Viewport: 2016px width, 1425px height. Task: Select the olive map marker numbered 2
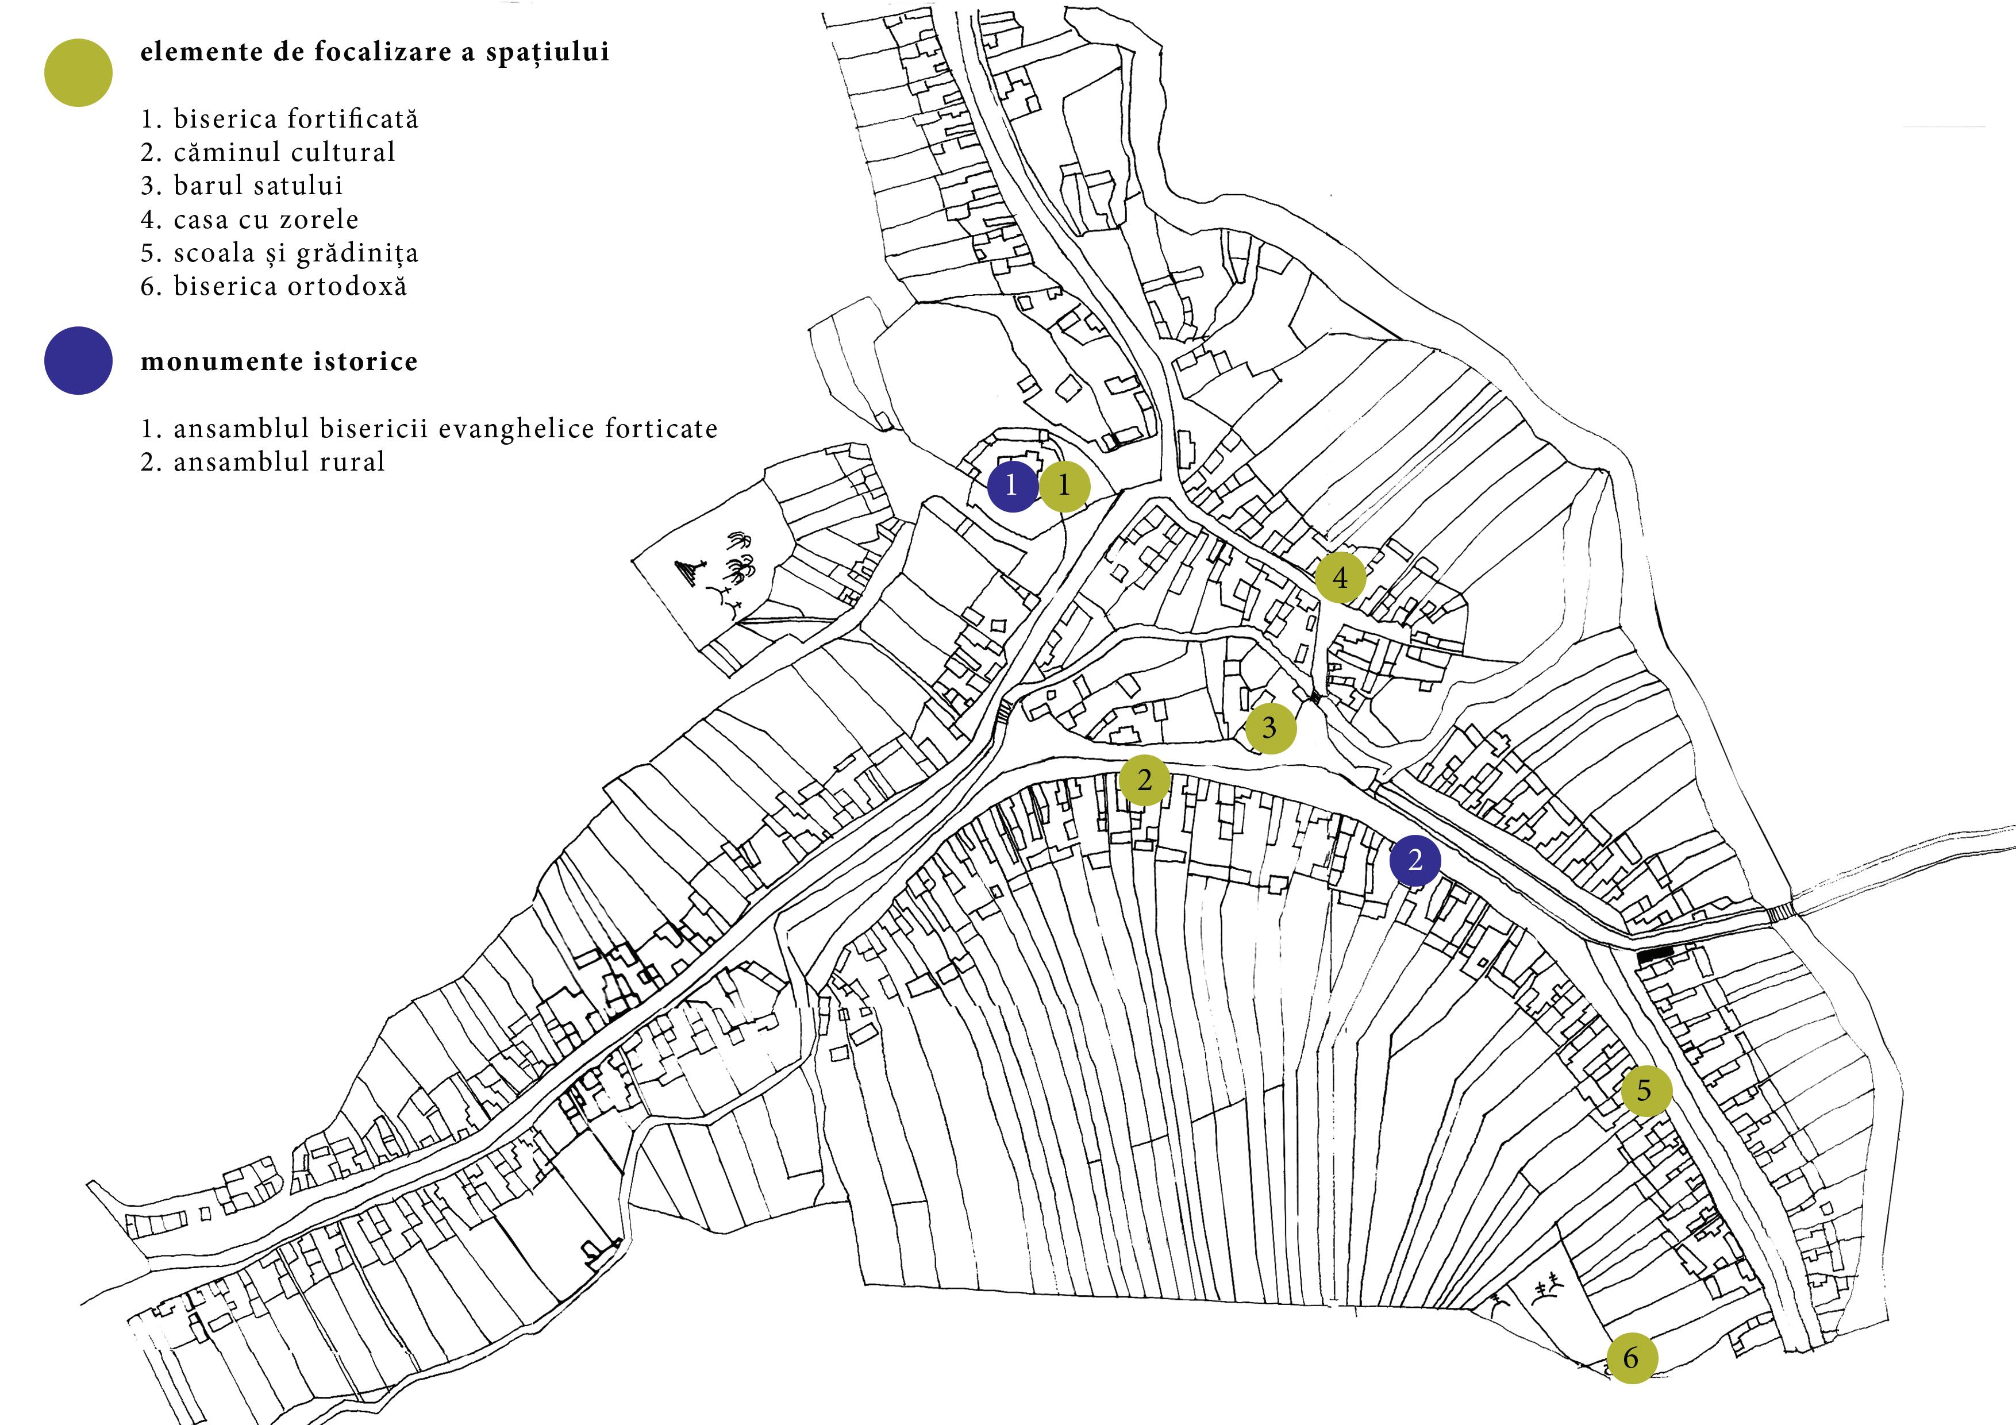[1144, 780]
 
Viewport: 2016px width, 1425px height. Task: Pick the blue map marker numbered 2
[1414, 860]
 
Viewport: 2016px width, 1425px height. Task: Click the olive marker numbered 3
[1269, 728]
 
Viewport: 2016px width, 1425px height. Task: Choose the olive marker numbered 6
[1632, 1358]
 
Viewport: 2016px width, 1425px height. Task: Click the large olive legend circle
[78, 73]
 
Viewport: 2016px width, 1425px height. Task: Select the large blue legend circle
[78, 361]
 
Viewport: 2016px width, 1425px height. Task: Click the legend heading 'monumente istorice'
[279, 362]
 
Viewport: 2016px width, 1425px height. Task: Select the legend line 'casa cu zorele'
[249, 219]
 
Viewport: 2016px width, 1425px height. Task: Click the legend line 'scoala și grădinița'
[279, 253]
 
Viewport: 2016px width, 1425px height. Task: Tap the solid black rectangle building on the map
[1655, 956]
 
